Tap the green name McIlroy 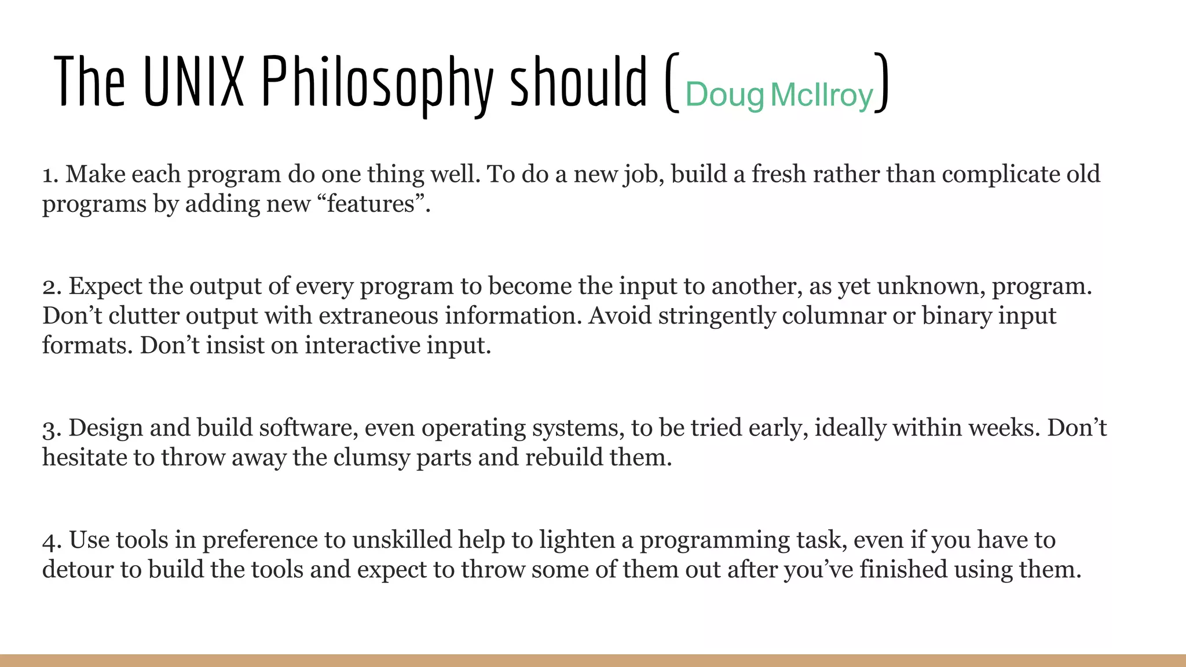(822, 95)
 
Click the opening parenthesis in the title (671, 83)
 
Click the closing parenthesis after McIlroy (881, 83)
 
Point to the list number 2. (50, 287)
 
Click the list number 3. (50, 428)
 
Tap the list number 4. (50, 541)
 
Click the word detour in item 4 (78, 570)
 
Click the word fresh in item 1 (779, 175)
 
